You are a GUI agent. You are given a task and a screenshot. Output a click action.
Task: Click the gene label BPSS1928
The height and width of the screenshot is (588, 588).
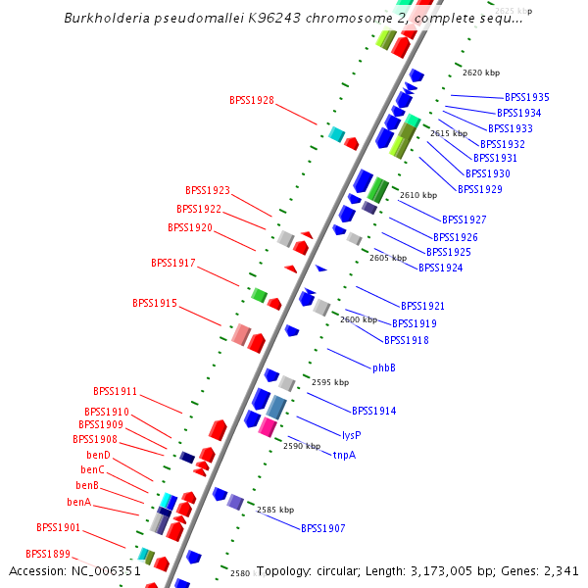tap(252, 100)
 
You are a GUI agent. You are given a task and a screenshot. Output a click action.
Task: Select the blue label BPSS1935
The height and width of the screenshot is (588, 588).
tap(526, 97)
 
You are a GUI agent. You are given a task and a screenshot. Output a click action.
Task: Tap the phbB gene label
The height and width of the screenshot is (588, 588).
tap(384, 367)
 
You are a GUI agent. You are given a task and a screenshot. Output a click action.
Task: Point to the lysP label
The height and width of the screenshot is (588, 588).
tap(352, 434)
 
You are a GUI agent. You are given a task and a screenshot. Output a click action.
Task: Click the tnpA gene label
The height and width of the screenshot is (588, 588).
tap(344, 455)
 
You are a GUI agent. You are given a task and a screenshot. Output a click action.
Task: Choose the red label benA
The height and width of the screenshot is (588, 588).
tap(79, 502)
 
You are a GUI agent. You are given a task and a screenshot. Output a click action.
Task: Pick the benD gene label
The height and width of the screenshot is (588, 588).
tap(98, 455)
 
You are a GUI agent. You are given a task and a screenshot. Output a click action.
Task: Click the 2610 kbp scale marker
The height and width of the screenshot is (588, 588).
tap(418, 195)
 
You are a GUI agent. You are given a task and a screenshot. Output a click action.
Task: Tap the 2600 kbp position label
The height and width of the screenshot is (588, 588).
tap(359, 319)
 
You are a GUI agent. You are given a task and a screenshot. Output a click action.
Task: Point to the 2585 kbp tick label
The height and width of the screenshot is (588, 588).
tap(275, 510)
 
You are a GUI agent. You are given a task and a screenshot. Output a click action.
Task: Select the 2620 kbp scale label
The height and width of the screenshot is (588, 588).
tap(481, 73)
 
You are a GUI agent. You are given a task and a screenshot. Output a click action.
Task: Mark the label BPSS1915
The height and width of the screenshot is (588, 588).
tap(155, 303)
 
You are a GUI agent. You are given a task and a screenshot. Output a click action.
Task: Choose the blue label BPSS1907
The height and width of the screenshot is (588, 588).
tap(322, 528)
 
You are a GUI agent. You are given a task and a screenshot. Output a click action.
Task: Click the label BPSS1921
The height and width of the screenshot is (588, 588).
tap(422, 306)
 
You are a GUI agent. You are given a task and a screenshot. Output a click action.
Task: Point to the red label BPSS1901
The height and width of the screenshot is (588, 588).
tap(59, 527)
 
